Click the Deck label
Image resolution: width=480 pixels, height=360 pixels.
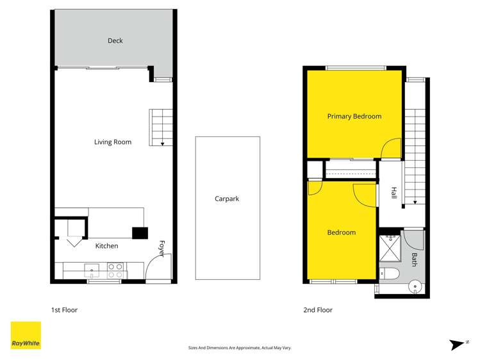point(115,41)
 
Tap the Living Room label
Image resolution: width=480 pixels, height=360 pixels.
point(113,142)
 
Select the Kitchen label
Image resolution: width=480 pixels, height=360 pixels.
point(106,245)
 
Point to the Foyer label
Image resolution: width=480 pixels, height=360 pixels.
point(161,249)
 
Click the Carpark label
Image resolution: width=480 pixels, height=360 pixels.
point(227,199)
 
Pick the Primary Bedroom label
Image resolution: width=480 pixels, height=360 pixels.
point(354,117)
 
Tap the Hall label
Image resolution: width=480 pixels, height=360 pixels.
point(393,193)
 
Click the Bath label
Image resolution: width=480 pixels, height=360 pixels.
point(415,259)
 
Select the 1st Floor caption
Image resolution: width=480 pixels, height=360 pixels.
point(64,310)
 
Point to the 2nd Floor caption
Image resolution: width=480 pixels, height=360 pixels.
point(318,310)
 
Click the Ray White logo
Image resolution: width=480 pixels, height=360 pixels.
point(26,336)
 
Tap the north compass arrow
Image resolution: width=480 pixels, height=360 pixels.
point(458,345)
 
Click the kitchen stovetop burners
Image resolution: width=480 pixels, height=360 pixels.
point(115,270)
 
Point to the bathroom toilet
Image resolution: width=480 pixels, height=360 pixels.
point(388,275)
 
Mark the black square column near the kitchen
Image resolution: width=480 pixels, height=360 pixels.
point(140,233)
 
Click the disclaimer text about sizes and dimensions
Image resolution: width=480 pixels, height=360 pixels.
point(240,348)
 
